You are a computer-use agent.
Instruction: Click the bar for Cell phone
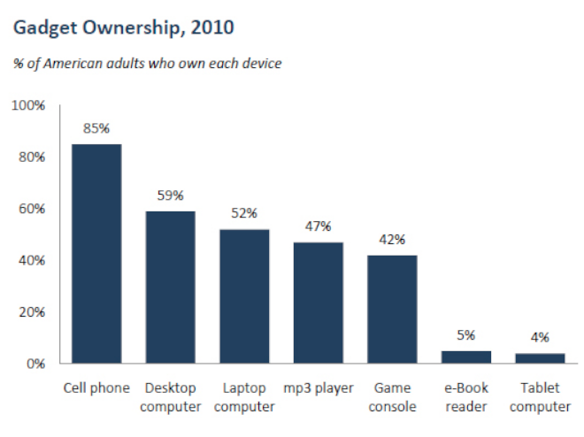click(96, 254)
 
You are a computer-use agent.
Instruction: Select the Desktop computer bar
click(171, 287)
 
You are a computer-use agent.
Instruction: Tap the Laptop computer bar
click(244, 296)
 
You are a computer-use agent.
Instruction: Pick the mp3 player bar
click(319, 303)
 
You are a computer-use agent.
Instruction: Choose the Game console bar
click(392, 309)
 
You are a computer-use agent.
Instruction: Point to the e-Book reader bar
click(466, 357)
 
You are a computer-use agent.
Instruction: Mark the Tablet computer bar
click(540, 358)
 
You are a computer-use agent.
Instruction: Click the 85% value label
click(96, 128)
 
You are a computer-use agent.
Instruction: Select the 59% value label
click(171, 195)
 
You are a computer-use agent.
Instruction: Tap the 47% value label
click(319, 226)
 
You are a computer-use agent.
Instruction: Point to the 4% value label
click(540, 337)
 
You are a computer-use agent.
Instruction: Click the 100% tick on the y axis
click(28, 105)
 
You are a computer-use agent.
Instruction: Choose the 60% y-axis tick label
click(32, 209)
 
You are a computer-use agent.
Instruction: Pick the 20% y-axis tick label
click(32, 312)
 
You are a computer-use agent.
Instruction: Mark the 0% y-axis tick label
click(35, 364)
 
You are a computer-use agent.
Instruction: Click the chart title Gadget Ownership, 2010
click(123, 28)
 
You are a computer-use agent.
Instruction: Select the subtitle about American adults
click(147, 64)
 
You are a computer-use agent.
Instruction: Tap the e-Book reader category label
click(466, 397)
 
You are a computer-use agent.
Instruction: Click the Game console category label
click(392, 397)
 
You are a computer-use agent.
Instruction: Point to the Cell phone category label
click(96, 388)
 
